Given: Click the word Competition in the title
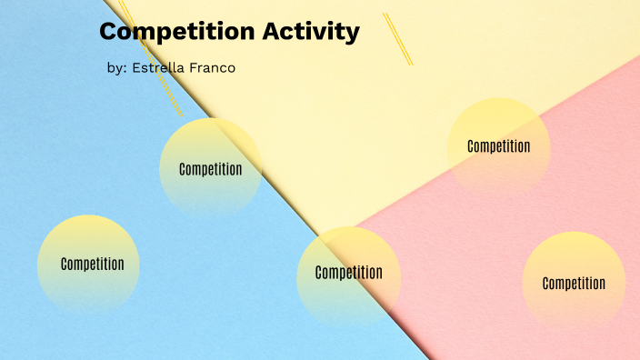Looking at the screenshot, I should pyautogui.click(x=176, y=32).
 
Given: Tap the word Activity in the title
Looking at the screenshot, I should pyautogui.click(x=310, y=33).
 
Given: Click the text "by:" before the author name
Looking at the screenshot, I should pyautogui.click(x=117, y=68).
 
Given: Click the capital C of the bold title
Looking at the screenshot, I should pyautogui.click(x=110, y=32).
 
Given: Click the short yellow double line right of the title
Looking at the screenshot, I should pyautogui.click(x=397, y=38).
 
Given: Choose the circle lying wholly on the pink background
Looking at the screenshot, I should pyautogui.click(x=574, y=283).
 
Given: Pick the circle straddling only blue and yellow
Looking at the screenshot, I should pyautogui.click(x=211, y=168).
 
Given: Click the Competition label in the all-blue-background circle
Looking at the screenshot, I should pyautogui.click(x=92, y=265).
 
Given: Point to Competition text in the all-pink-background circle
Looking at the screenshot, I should pyautogui.click(x=574, y=284).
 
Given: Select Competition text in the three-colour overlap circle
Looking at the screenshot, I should pyautogui.click(x=348, y=273).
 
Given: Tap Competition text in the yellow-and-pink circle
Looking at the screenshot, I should pyautogui.click(x=498, y=146).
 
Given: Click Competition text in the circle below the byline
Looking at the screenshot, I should pyautogui.click(x=211, y=169).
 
